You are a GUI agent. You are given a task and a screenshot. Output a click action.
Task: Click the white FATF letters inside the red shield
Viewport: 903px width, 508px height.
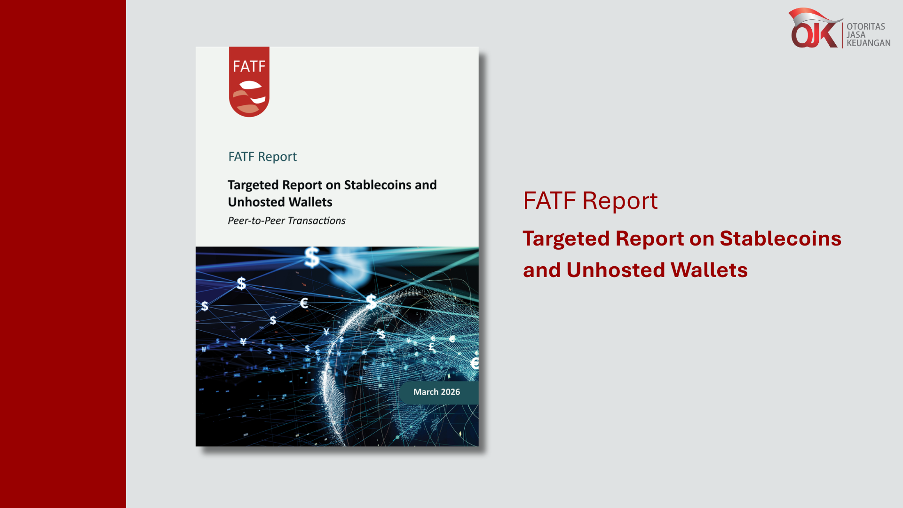249,66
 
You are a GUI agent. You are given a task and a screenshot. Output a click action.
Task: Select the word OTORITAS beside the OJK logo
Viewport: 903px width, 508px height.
866,27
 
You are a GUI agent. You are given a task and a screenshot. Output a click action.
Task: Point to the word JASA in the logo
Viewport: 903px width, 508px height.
856,35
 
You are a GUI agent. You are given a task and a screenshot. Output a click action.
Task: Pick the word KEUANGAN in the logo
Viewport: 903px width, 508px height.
869,43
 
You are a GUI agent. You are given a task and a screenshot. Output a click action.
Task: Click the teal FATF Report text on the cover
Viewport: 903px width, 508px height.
262,157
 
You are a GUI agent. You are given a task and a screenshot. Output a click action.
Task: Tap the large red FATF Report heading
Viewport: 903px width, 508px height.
590,201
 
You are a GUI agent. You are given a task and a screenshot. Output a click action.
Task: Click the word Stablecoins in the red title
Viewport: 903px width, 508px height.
780,238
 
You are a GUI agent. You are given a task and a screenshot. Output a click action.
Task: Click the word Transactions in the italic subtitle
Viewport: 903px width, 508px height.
317,221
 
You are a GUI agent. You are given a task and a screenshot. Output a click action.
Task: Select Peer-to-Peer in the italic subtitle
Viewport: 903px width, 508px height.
256,221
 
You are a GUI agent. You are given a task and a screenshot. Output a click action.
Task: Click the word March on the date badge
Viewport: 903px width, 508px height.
426,392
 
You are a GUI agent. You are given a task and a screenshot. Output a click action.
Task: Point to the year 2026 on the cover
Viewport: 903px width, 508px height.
451,392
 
